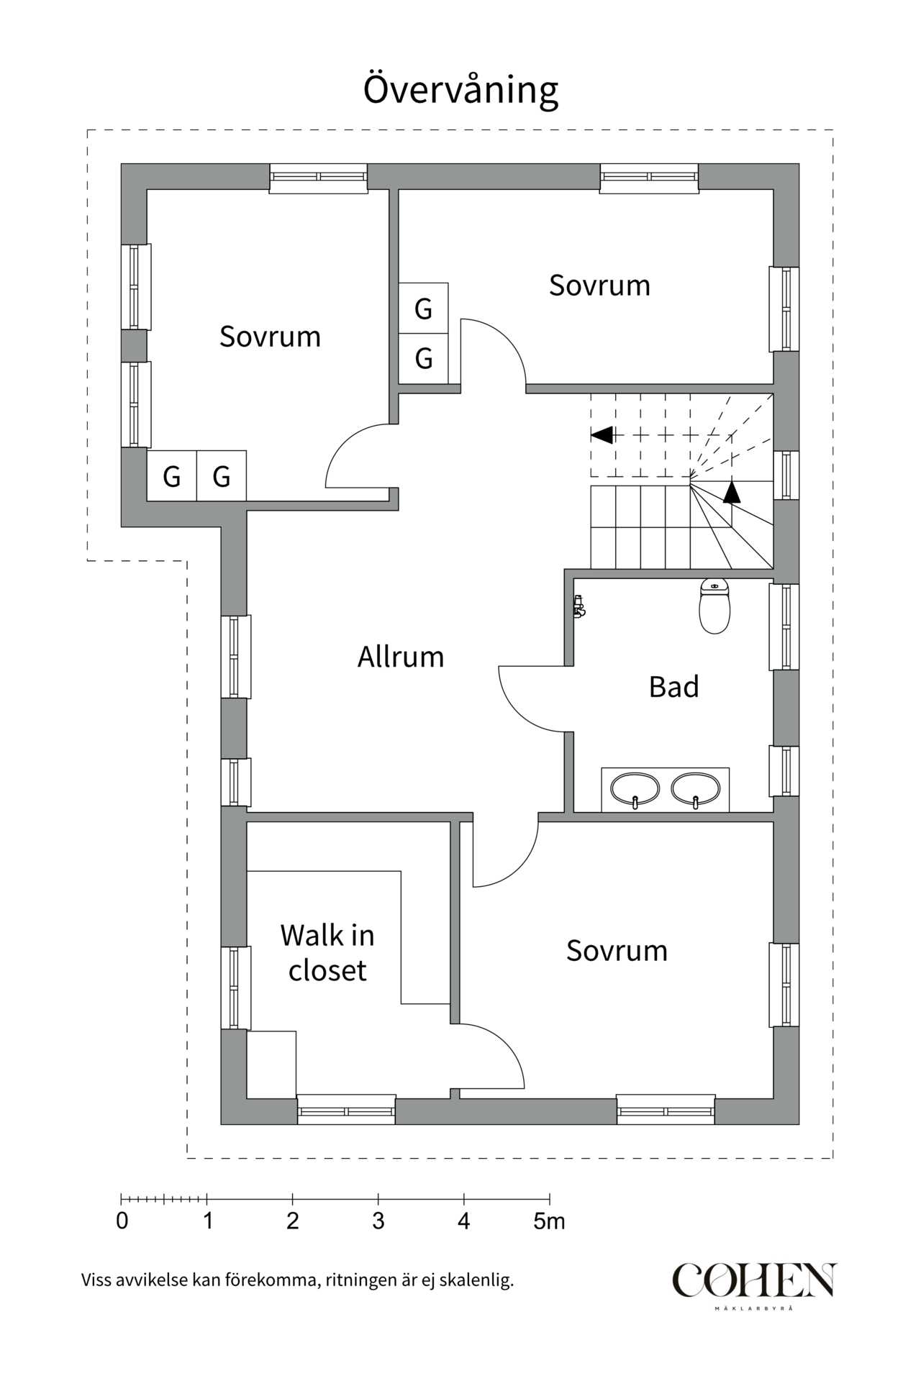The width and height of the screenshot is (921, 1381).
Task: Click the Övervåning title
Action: [460, 90]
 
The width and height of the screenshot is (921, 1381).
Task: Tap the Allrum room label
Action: [401, 657]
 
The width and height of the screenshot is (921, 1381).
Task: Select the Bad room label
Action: [673, 687]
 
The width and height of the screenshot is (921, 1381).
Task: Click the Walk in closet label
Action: [327, 953]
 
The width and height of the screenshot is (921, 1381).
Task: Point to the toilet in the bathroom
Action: [714, 607]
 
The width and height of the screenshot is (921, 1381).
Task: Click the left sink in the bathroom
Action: [635, 789]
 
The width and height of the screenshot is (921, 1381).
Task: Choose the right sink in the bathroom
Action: [696, 789]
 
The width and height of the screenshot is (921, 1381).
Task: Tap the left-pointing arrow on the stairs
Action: [602, 435]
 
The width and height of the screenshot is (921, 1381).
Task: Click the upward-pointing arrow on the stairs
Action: [732, 492]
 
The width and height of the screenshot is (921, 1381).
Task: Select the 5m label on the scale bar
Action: [549, 1221]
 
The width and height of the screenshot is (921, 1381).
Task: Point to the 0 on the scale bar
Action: [122, 1221]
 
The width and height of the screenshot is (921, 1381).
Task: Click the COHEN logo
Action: [754, 1281]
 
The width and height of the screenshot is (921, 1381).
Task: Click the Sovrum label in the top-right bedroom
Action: [599, 286]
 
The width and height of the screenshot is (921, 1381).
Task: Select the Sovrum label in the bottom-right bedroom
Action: [617, 951]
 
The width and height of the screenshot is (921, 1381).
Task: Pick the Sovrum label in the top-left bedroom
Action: [270, 337]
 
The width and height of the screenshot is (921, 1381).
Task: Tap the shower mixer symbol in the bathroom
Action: [579, 607]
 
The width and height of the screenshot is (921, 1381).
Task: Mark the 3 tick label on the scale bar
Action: [378, 1221]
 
